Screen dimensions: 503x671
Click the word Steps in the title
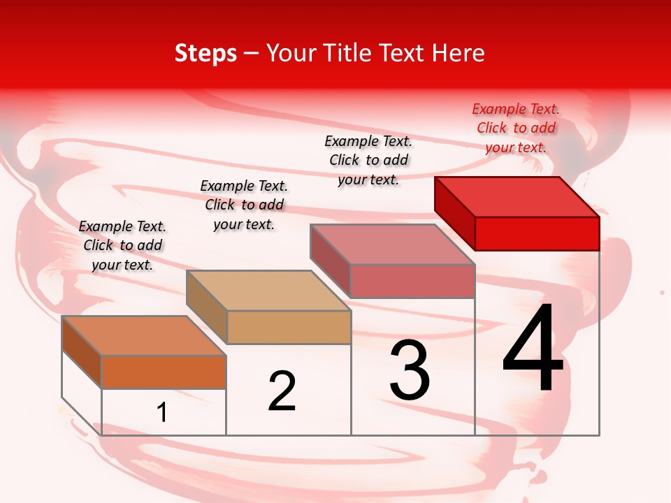tap(205, 53)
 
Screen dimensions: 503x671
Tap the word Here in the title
tap(458, 53)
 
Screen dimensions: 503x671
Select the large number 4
tap(533, 349)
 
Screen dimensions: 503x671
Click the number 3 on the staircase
tap(410, 370)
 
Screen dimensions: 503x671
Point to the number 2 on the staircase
tap(282, 391)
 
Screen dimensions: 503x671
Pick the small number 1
tap(162, 413)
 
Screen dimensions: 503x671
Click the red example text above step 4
tap(516, 128)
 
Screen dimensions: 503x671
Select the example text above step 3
tap(368, 160)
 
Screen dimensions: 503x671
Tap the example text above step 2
tap(244, 205)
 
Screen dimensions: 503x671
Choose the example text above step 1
tap(122, 245)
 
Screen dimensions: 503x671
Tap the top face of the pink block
tap(393, 244)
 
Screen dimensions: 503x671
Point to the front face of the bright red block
tap(537, 233)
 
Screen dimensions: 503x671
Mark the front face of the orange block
tap(164, 372)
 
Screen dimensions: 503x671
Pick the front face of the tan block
tap(289, 327)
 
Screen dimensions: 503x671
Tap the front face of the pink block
tap(412, 281)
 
